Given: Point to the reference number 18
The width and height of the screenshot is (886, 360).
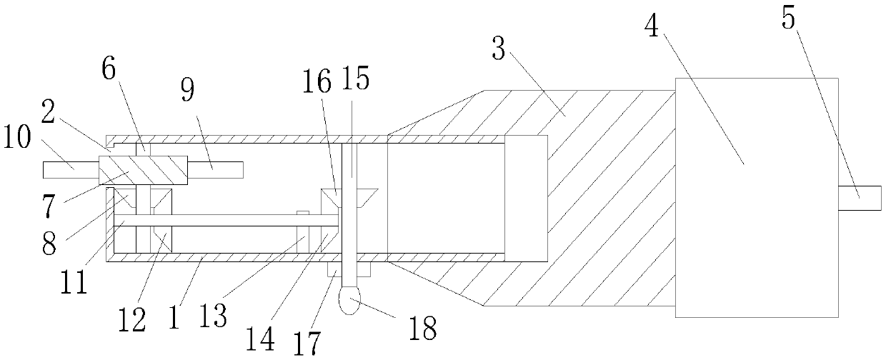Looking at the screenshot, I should point(422,328).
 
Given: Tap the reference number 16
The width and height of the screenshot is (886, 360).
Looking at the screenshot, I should point(319,81).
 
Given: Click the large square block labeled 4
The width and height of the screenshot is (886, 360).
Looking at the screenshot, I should point(756,198).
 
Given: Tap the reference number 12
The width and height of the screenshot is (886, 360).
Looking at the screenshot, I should point(134,319).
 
